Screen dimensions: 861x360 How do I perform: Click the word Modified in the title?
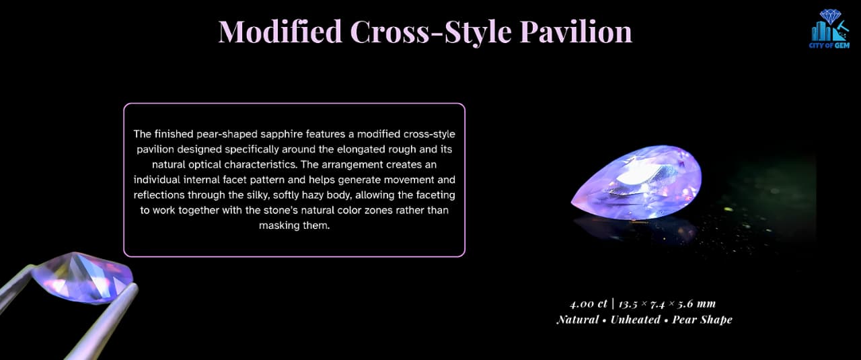pyautogui.click(x=280, y=32)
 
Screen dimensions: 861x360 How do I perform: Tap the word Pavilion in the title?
pyautogui.click(x=576, y=32)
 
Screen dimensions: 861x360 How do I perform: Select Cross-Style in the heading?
pyautogui.click(x=431, y=32)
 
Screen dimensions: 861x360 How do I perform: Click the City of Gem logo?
pyautogui.click(x=829, y=29)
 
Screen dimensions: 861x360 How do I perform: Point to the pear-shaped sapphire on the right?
pyautogui.click(x=636, y=182)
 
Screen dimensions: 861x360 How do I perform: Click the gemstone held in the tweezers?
pyautogui.click(x=83, y=278)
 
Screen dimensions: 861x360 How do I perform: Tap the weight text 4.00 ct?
pyautogui.click(x=588, y=304)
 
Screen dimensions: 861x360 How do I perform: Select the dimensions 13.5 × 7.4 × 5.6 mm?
pyautogui.click(x=667, y=304)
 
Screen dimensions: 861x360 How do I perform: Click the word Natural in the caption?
pyautogui.click(x=578, y=320)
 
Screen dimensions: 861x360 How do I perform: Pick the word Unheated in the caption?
pyautogui.click(x=636, y=320)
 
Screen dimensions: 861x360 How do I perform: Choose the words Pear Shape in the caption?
pyautogui.click(x=702, y=320)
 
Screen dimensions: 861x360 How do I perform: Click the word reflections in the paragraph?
pyautogui.click(x=159, y=195)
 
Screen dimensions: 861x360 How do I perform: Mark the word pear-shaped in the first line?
pyautogui.click(x=227, y=134)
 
